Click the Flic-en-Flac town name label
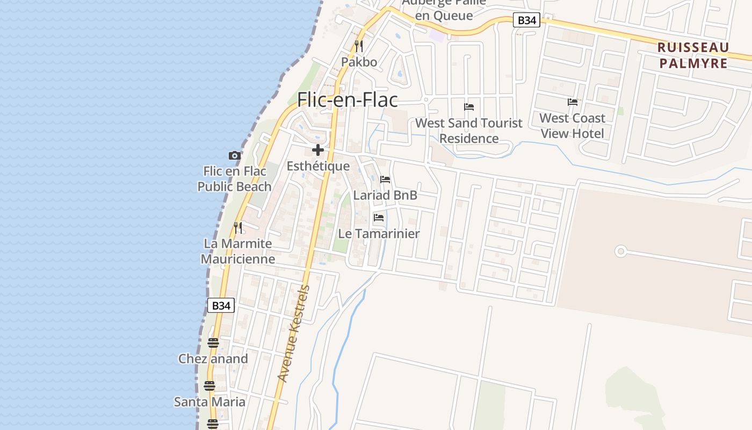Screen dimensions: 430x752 click(x=348, y=100)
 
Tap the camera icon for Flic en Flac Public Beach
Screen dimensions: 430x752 click(x=234, y=156)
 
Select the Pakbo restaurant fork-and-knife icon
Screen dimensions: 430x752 click(x=359, y=46)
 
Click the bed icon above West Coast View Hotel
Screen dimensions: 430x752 click(x=573, y=102)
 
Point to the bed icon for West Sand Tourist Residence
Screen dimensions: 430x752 click(x=469, y=107)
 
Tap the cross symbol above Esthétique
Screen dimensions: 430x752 click(x=318, y=150)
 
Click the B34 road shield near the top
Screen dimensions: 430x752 click(x=526, y=20)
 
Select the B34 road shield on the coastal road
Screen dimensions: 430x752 click(x=221, y=305)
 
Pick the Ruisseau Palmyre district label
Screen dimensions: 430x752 click(x=693, y=55)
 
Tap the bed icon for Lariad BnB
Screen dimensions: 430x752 click(x=385, y=180)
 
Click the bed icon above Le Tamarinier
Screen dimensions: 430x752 click(x=379, y=218)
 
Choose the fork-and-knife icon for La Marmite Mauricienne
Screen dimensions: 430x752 click(x=238, y=228)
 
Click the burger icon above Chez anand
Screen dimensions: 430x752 click(x=213, y=343)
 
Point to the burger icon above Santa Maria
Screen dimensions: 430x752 click(x=209, y=386)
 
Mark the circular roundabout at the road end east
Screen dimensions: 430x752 click(x=621, y=251)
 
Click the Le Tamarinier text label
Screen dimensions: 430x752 click(x=379, y=234)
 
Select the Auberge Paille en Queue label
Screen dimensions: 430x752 click(x=444, y=9)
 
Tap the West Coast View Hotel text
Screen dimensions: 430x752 click(x=572, y=126)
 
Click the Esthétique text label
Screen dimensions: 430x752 click(x=318, y=166)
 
